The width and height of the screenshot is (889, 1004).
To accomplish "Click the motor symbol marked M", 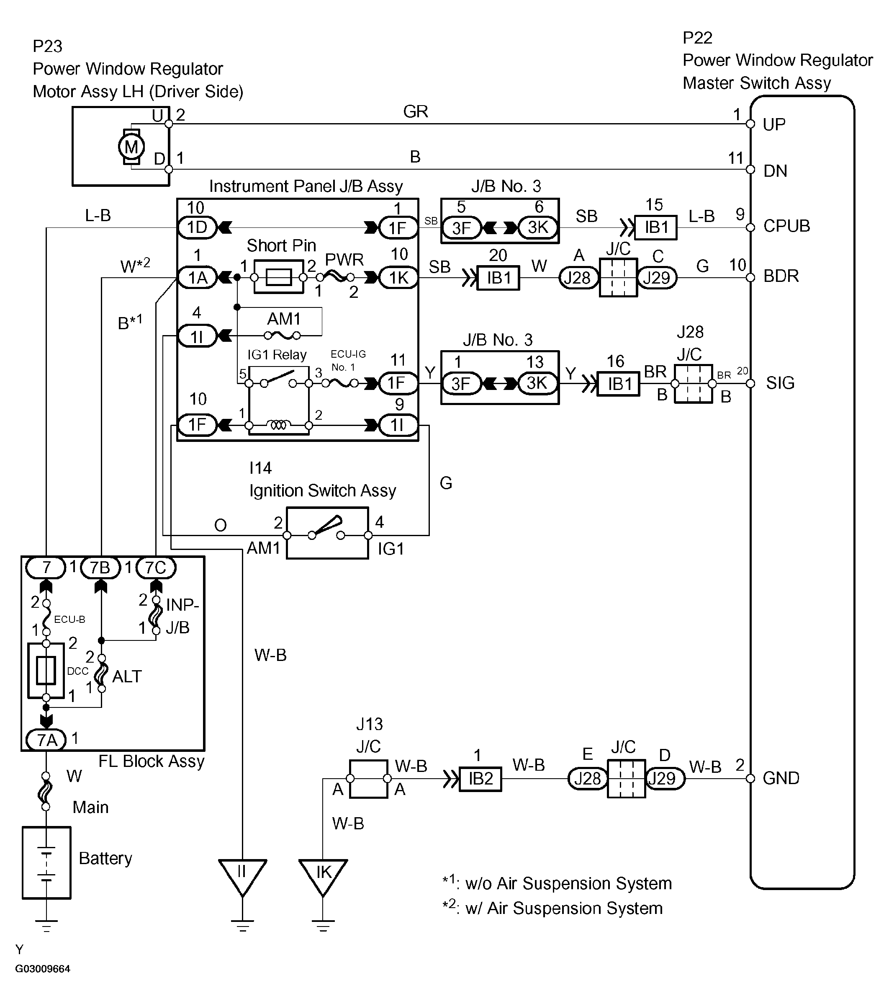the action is pos(131,146).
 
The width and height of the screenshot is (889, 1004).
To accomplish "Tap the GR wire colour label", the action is pos(415,111).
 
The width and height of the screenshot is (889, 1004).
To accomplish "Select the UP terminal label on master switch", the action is pos(774,124).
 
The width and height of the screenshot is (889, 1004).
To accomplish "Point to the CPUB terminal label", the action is pos(786,226).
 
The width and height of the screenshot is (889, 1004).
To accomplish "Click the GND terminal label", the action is pos(781,778).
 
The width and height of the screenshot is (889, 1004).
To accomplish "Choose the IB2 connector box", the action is pos(480,779).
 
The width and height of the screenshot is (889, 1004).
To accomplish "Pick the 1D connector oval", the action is pos(197,227).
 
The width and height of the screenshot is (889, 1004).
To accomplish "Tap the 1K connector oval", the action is pos(398,278).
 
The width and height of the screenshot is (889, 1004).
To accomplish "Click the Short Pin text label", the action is pos(281,245).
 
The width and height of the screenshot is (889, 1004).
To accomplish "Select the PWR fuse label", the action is pos(344,259).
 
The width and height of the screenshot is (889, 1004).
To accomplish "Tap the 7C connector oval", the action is pos(156,567).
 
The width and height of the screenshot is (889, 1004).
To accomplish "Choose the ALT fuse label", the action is pos(127,676).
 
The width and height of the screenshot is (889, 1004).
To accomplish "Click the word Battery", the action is pos(105,858).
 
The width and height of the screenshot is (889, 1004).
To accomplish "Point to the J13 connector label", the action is pos(369,724).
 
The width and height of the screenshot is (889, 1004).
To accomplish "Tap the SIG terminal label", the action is pos(780,383).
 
